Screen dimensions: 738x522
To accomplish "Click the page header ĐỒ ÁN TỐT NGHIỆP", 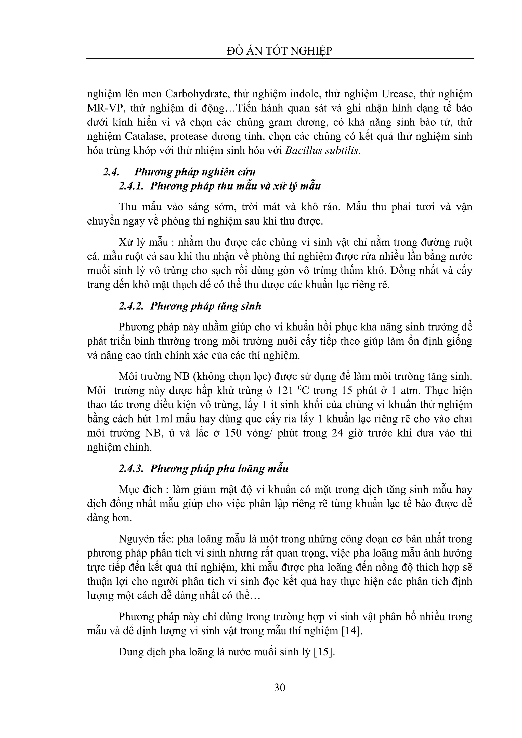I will pos(279,51).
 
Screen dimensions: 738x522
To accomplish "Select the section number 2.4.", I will pos(111,172).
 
